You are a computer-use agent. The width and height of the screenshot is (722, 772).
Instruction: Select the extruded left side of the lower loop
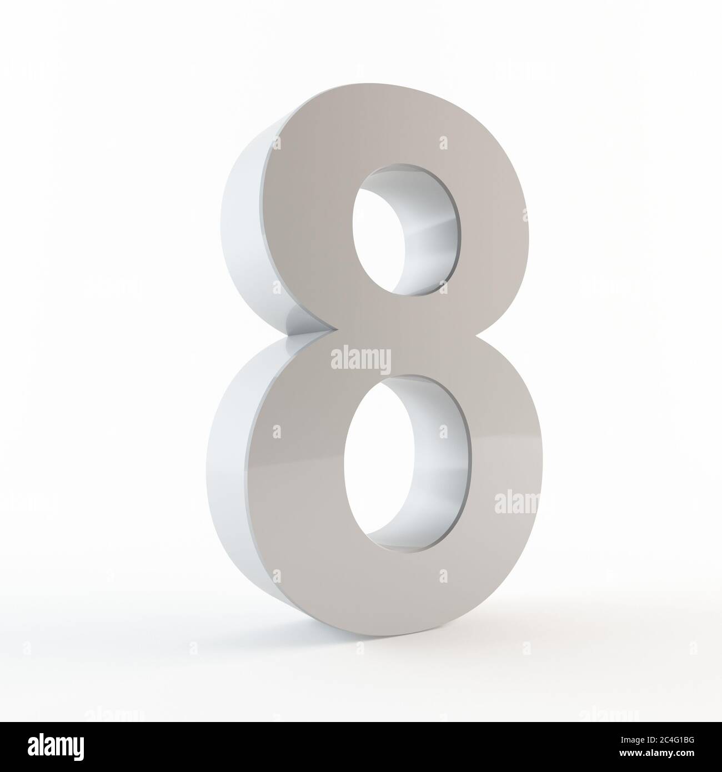pyautogui.click(x=228, y=472)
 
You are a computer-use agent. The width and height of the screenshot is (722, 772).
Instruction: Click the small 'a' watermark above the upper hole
pyautogui.click(x=443, y=143)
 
